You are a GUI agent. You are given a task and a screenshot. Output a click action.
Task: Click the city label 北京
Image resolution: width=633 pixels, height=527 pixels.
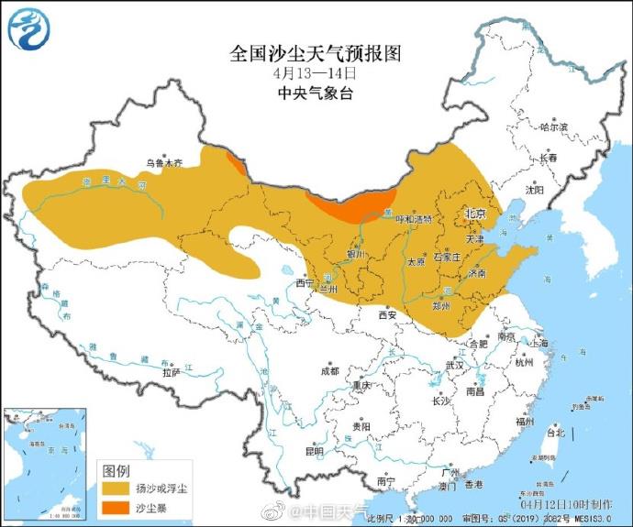pos(475,214)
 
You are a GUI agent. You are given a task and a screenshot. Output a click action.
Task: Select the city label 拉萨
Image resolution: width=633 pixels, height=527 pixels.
pos(171,373)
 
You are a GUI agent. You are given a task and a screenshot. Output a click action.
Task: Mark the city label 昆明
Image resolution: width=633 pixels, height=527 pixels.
pos(315,451)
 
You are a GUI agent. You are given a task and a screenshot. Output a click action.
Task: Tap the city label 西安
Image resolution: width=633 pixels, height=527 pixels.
pos(386,315)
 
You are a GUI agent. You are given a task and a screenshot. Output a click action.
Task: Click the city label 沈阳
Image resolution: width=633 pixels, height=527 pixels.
pos(534,190)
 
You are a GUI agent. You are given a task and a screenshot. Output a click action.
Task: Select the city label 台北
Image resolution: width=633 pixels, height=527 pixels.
pos(555,432)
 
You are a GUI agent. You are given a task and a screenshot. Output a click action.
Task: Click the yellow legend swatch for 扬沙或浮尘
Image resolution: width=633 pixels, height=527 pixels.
pos(115,489)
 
